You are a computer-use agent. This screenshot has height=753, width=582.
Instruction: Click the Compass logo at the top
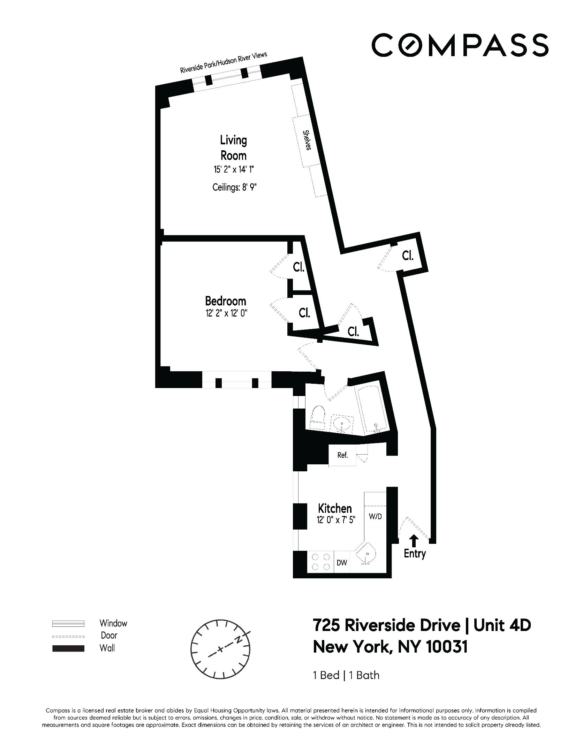pyautogui.click(x=460, y=45)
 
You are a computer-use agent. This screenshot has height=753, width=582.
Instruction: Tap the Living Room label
pyautogui.click(x=233, y=147)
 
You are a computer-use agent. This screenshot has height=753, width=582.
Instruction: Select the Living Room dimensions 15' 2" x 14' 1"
pyautogui.click(x=233, y=170)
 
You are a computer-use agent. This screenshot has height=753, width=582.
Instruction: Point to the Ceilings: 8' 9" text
pyautogui.click(x=234, y=188)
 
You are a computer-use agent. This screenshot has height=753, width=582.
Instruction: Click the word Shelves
pyautogui.click(x=307, y=140)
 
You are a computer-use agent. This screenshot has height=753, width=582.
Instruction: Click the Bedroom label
pyautogui.click(x=225, y=301)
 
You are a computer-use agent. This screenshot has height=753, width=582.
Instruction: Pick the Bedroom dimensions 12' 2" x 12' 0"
pyautogui.click(x=226, y=313)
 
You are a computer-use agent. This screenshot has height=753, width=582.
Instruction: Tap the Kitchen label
pyautogui.click(x=335, y=508)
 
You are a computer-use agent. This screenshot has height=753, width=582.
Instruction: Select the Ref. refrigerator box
pyautogui.click(x=342, y=455)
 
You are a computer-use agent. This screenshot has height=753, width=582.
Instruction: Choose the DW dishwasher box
pyautogui.click(x=342, y=562)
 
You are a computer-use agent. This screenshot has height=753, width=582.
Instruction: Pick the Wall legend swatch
pyautogui.click(x=68, y=648)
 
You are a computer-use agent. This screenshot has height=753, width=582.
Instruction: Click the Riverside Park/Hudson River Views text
pyautogui.click(x=224, y=62)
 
